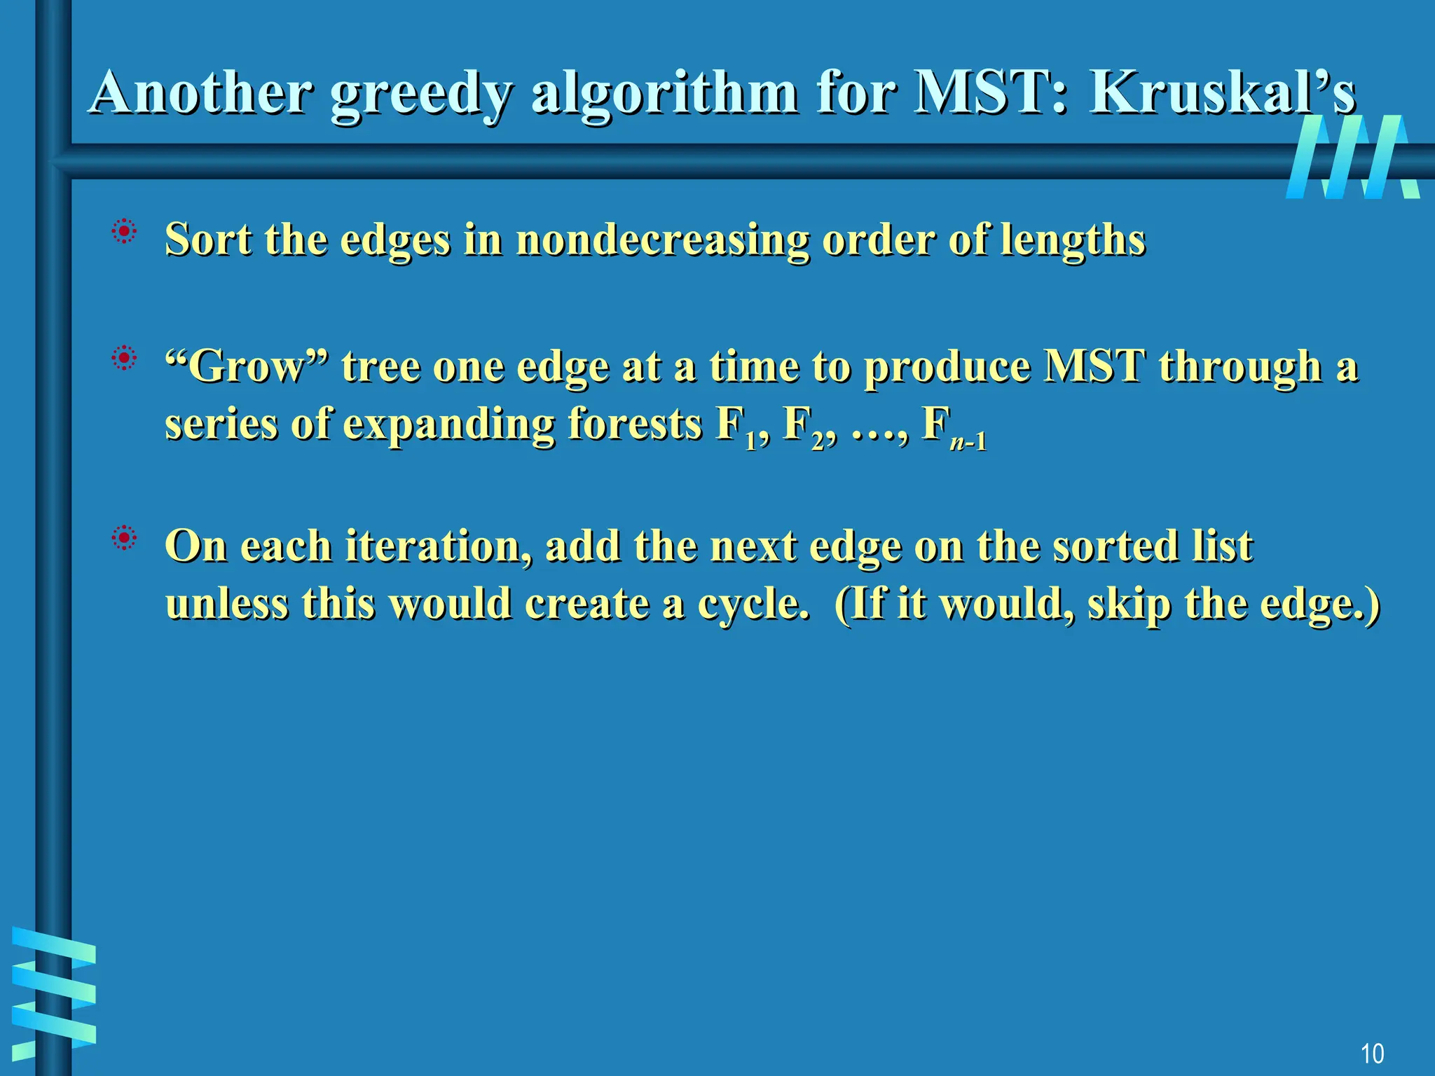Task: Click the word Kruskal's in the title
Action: (1222, 92)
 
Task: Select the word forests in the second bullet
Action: (634, 425)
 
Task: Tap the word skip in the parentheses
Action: (1128, 605)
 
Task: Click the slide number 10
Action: (1372, 1054)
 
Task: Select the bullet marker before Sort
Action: (124, 231)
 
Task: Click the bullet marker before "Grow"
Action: (124, 359)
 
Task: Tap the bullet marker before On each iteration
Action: (124, 538)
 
